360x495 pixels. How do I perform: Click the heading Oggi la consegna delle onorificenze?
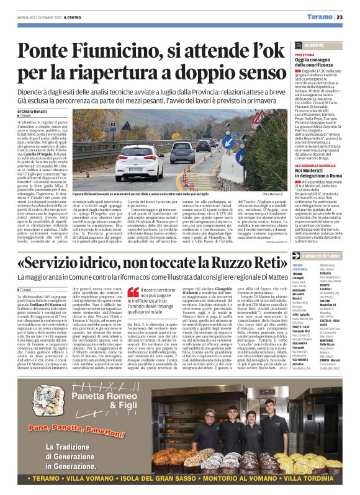tap(317, 63)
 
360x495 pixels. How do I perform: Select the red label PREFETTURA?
tap(305, 55)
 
